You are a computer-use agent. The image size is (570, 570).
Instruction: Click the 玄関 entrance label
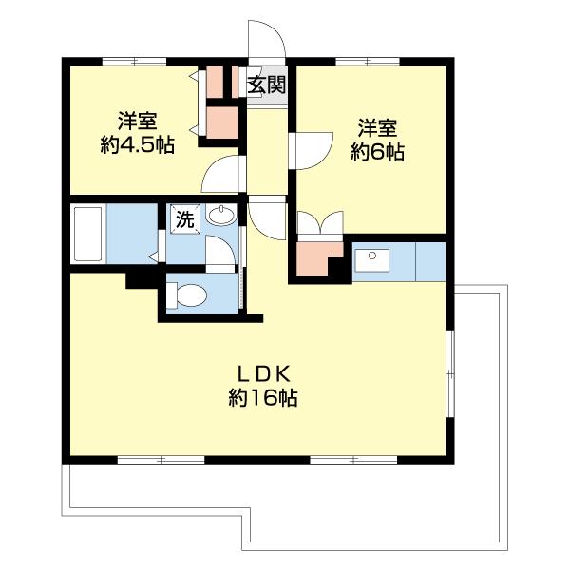point(267,85)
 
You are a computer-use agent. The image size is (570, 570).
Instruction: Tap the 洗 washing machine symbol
point(183,219)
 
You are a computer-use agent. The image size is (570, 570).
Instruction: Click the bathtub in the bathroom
point(88,234)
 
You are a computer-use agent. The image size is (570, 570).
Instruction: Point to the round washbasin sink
point(220,216)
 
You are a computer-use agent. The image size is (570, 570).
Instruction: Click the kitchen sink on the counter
point(371,257)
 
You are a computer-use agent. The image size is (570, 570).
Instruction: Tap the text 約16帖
point(263,399)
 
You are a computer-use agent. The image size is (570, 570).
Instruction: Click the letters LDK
point(263,372)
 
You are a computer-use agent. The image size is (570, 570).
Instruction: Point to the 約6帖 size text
point(377,151)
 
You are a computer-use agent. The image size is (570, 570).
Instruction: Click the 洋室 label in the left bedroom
point(138,122)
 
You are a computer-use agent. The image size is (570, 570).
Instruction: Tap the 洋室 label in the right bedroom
point(377,126)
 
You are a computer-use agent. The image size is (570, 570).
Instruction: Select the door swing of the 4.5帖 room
point(224,175)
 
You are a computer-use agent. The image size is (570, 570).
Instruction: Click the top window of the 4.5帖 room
point(134,62)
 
